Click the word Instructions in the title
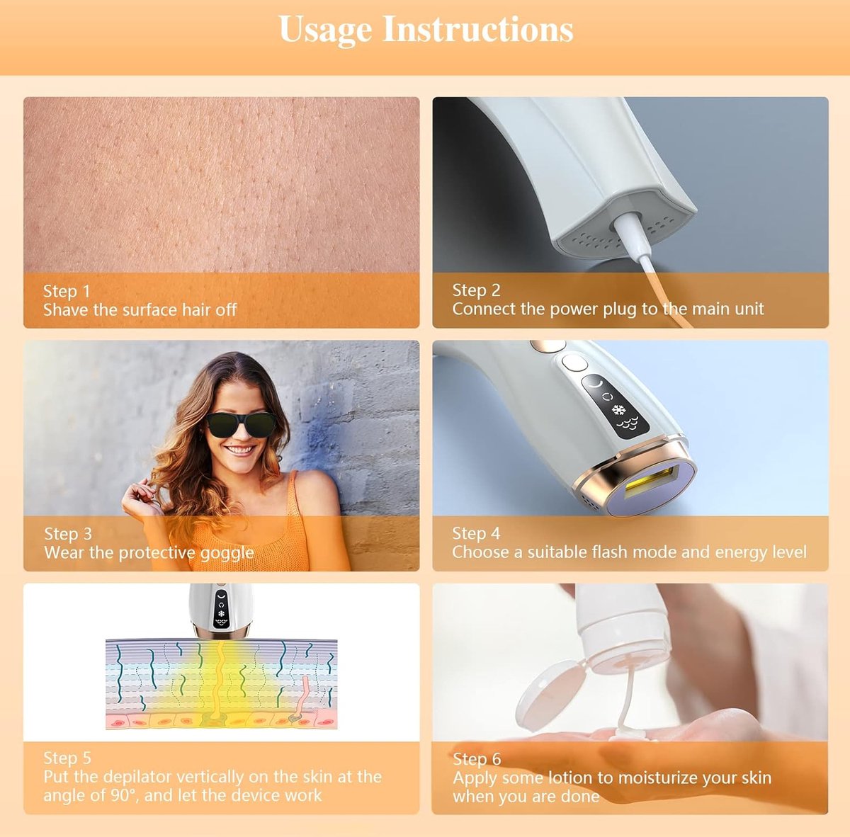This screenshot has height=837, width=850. [477, 28]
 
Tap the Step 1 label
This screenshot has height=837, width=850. [67, 291]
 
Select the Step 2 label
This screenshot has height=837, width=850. [477, 290]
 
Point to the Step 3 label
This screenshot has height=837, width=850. [68, 534]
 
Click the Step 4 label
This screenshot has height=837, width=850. [477, 533]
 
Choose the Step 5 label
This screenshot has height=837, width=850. [67, 758]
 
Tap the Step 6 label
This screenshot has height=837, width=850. [477, 758]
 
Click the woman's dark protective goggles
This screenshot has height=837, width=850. [241, 424]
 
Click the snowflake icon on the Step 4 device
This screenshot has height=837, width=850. [619, 410]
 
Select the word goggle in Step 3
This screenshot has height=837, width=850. [227, 554]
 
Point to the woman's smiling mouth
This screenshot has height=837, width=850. [241, 450]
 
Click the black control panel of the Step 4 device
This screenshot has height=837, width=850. [616, 406]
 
